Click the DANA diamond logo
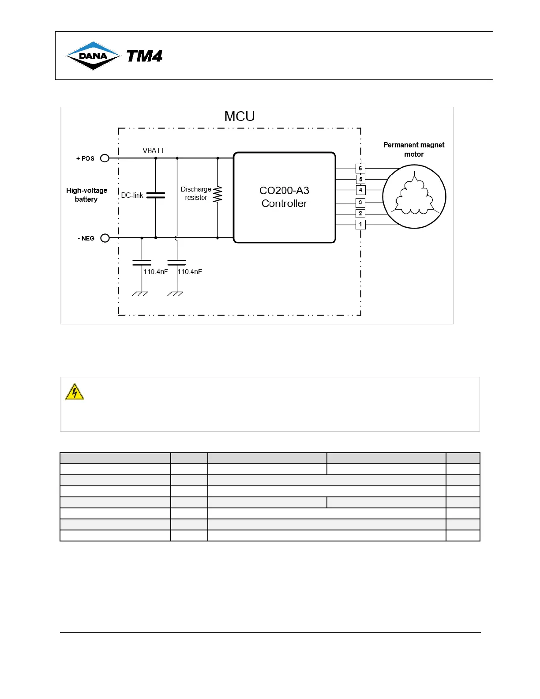(x=93, y=56)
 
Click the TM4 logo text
(x=144, y=56)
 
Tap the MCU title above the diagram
(x=240, y=116)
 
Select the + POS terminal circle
(x=105, y=158)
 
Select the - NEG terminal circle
(x=105, y=238)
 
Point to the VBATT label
(x=154, y=151)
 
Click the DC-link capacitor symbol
(x=155, y=195)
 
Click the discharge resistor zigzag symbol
(x=217, y=194)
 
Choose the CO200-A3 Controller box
(x=284, y=197)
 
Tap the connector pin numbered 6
(x=360, y=168)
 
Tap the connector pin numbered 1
(x=360, y=225)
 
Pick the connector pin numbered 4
(x=360, y=190)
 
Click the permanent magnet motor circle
(x=414, y=197)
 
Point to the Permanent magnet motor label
(x=414, y=150)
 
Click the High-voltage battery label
(x=86, y=195)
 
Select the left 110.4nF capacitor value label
(x=155, y=272)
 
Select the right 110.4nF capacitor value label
(x=190, y=272)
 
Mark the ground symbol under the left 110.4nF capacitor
(x=140, y=293)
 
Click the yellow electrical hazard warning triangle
(x=75, y=392)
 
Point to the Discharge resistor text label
(x=196, y=193)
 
